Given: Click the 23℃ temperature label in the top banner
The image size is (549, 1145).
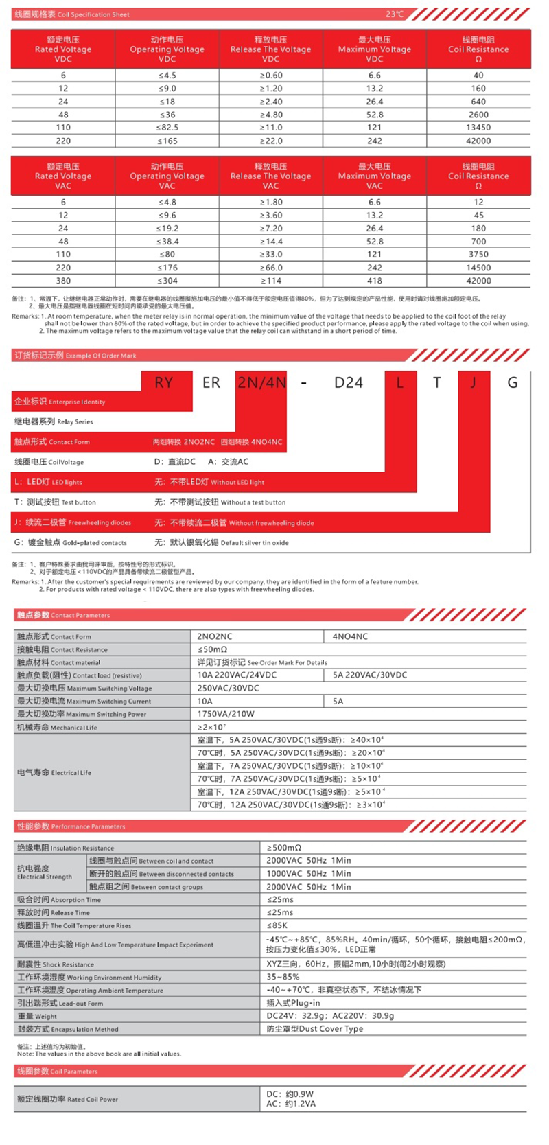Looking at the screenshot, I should pyautogui.click(x=395, y=14).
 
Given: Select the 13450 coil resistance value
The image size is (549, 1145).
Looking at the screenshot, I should pyautogui.click(x=478, y=128).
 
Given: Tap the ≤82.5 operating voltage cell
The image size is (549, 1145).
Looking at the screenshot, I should pyautogui.click(x=167, y=128).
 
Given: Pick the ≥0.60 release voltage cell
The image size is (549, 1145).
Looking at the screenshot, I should pyautogui.click(x=271, y=76).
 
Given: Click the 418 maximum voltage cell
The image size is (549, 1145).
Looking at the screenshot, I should pyautogui.click(x=375, y=281).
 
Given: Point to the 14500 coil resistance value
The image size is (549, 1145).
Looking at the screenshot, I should pyautogui.click(x=478, y=268).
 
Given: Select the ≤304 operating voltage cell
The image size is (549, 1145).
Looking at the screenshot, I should pyautogui.click(x=167, y=281).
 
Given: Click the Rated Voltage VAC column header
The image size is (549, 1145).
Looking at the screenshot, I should pyautogui.click(x=63, y=176).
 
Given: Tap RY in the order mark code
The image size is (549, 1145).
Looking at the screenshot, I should pyautogui.click(x=163, y=382).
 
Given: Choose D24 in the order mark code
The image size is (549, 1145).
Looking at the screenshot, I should pyautogui.click(x=349, y=382).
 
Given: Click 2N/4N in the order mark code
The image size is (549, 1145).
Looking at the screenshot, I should pyautogui.click(x=261, y=382).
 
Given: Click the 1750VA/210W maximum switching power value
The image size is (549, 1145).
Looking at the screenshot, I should pyautogui.click(x=226, y=714).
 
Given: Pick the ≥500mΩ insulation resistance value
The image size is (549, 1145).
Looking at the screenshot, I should pyautogui.click(x=284, y=848).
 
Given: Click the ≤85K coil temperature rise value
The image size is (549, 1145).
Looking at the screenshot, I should pyautogui.click(x=277, y=925).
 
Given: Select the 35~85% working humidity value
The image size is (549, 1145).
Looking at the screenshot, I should pyautogui.click(x=283, y=977).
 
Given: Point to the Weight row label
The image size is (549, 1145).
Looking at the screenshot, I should pyautogui.click(x=37, y=1017).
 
